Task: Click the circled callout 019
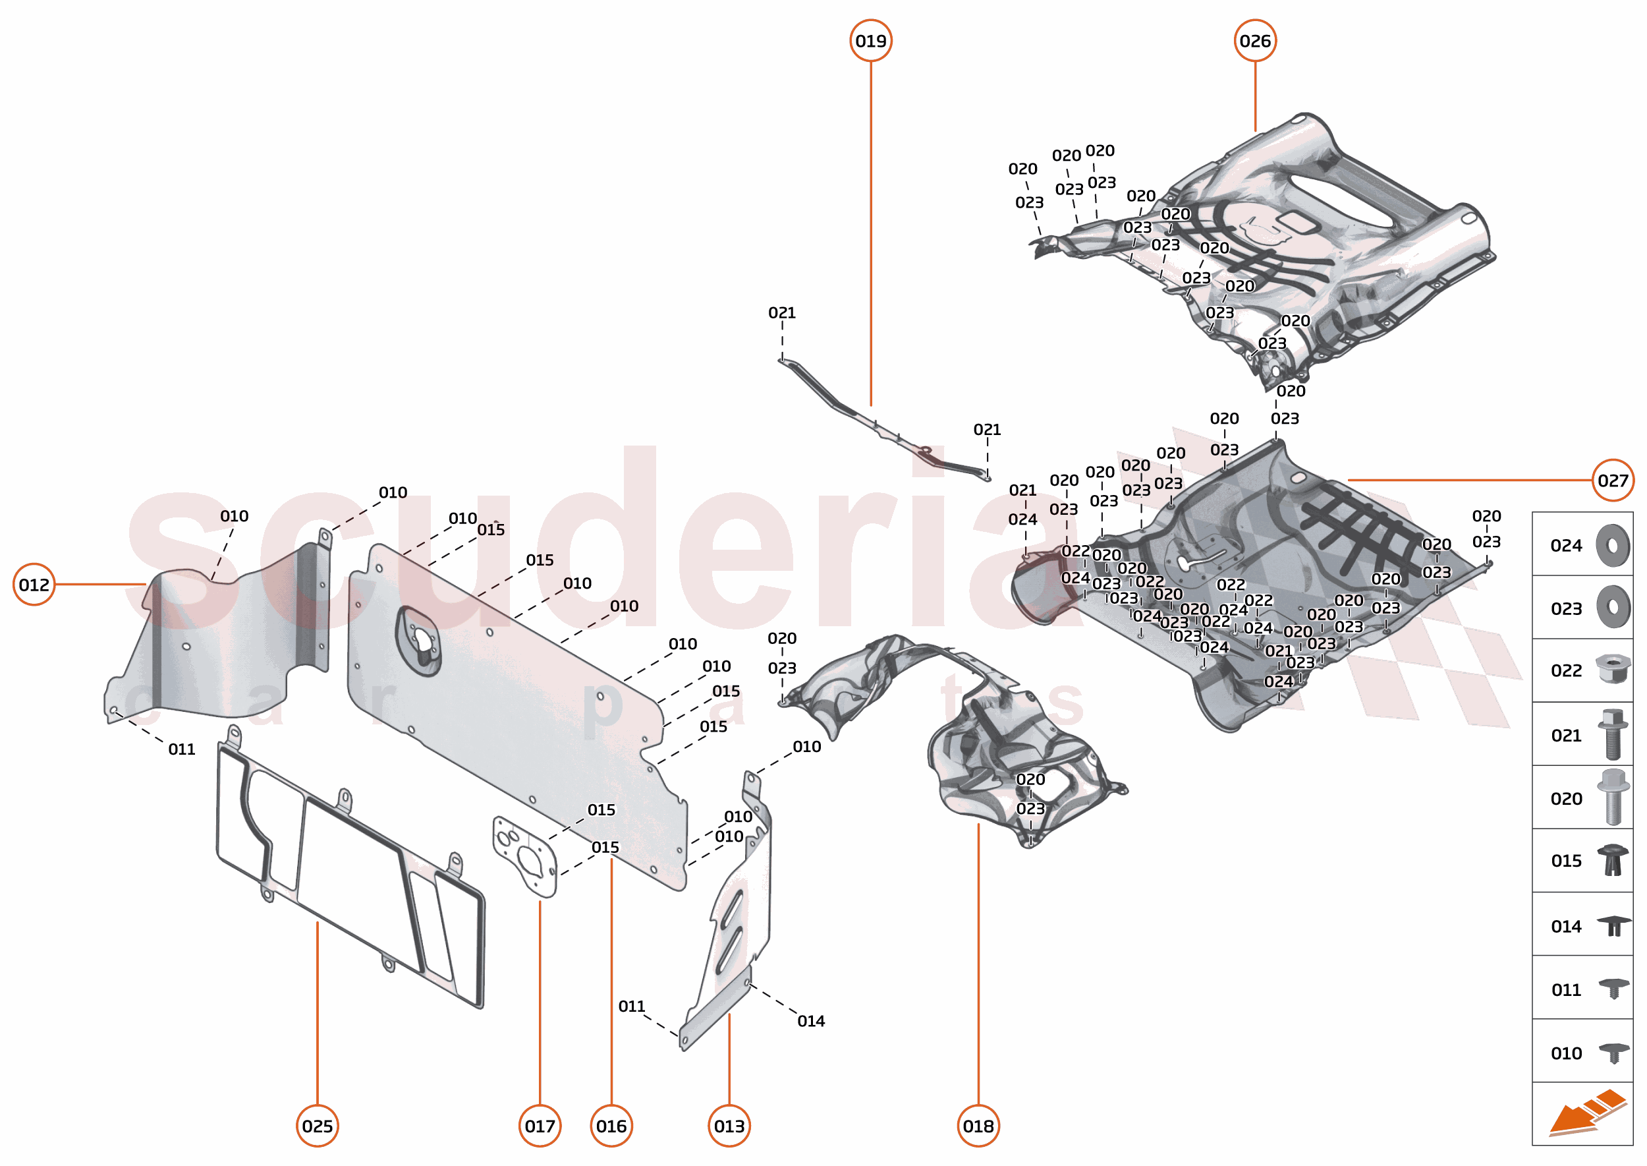(870, 41)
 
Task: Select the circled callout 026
(1254, 41)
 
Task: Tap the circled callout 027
(1612, 481)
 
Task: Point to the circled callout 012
(34, 585)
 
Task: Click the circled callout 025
(317, 1126)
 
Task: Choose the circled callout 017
(540, 1126)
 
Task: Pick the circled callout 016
(611, 1126)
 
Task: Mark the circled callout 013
(729, 1126)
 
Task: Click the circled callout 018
(978, 1126)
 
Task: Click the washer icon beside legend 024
(1612, 546)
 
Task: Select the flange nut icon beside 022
(1612, 669)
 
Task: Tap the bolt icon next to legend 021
(1612, 734)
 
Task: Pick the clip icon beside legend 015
(1612, 860)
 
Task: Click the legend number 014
(1565, 926)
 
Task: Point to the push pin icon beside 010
(1613, 1053)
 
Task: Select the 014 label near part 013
(811, 1021)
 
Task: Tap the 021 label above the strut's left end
(781, 313)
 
